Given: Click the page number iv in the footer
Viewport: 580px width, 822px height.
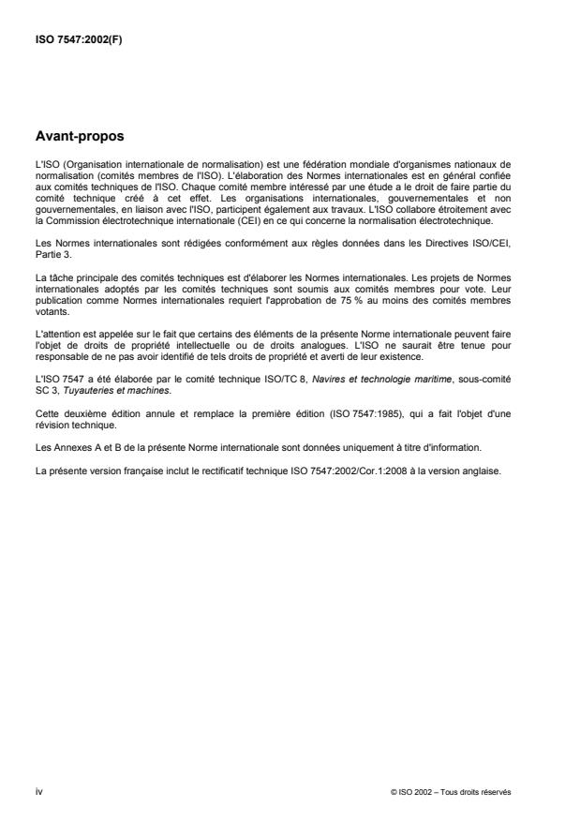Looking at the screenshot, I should (38, 792).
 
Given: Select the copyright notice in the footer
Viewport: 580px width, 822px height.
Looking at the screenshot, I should (452, 792).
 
